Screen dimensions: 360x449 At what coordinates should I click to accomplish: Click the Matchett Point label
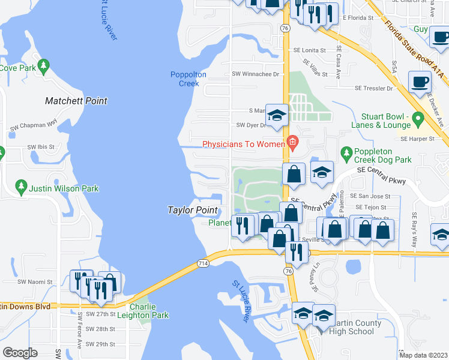pos(76,101)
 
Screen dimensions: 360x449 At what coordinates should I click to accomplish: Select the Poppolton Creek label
pos(188,79)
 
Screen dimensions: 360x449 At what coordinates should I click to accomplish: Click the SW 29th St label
pos(100,344)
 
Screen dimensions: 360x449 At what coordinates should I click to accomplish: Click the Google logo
pos(20,353)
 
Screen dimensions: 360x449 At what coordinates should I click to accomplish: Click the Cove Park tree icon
pos(43,65)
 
